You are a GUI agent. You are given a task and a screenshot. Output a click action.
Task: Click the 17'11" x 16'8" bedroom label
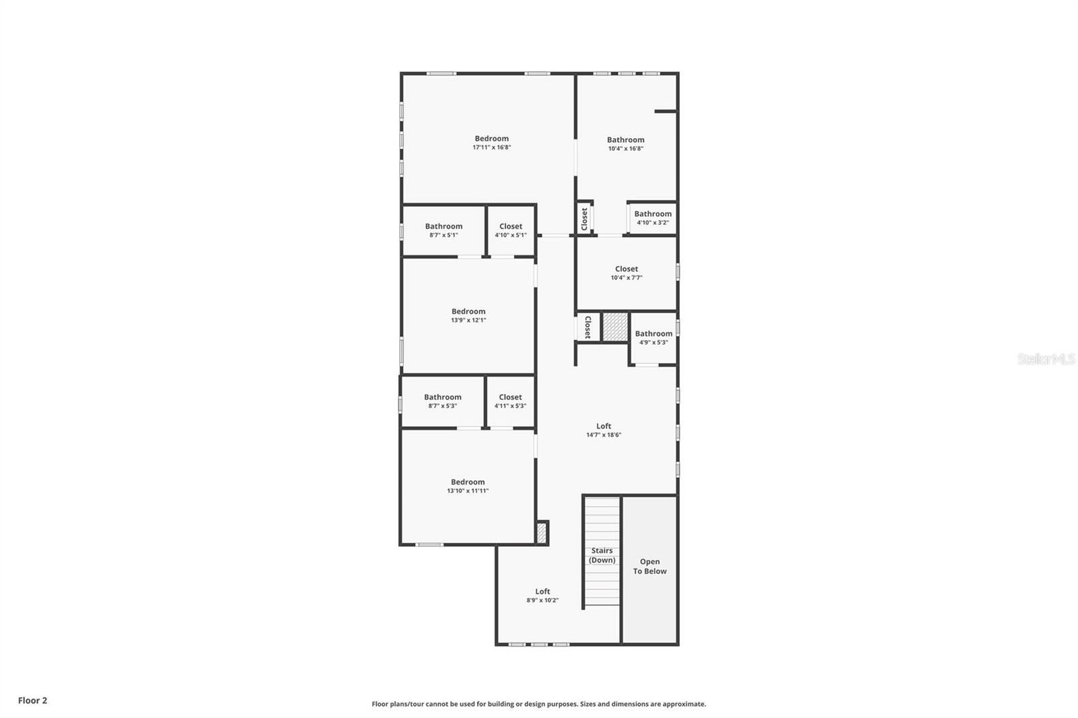[491, 143]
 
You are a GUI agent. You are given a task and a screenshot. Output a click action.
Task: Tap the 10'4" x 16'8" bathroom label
[625, 144]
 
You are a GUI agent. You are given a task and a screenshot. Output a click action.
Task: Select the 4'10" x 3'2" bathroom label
[652, 218]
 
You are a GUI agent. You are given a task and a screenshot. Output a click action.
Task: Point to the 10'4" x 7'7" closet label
[626, 273]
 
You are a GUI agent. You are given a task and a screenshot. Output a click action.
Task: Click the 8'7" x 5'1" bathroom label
[443, 230]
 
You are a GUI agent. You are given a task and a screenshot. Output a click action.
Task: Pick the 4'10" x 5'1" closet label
[510, 230]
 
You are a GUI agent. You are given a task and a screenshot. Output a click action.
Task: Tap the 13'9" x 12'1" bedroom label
[468, 315]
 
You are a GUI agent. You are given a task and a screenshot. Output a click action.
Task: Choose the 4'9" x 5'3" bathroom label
[653, 337]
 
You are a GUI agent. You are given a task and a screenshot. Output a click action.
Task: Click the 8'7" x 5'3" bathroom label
[443, 401]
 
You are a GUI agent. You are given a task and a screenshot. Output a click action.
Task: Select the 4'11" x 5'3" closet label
[510, 401]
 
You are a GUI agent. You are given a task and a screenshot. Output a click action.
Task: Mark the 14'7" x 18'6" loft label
[604, 430]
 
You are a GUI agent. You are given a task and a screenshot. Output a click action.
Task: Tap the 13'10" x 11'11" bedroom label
[468, 486]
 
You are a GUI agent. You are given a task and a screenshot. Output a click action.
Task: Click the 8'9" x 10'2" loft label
[542, 595]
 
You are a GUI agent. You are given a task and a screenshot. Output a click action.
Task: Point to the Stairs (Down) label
[602, 555]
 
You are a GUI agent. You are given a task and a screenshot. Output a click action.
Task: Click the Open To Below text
[649, 566]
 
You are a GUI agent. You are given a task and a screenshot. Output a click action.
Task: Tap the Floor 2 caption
[32, 700]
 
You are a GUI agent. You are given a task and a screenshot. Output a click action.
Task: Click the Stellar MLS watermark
[1046, 360]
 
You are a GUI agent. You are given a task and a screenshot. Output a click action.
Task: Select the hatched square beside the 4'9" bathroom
[614, 327]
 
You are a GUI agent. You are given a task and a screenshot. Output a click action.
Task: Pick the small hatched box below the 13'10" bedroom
[542, 533]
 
